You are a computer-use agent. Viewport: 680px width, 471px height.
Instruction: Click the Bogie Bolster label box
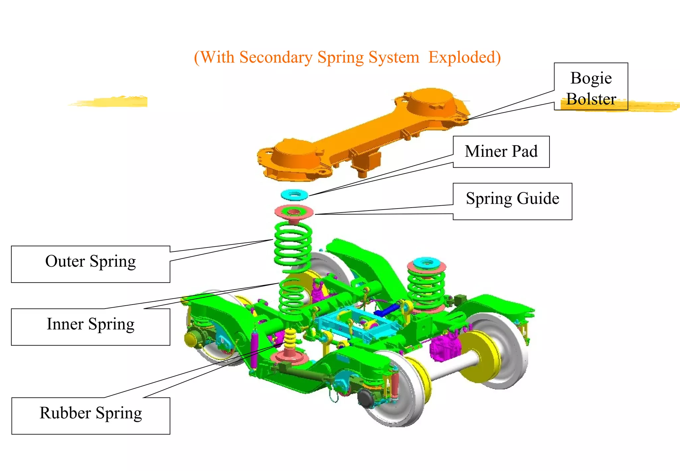(591, 86)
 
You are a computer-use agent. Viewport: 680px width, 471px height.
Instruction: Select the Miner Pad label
(501, 151)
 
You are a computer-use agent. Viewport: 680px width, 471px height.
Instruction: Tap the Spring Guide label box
(512, 201)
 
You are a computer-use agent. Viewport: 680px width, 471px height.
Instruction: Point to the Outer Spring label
(90, 264)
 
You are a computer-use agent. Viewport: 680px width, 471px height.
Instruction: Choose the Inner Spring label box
(90, 327)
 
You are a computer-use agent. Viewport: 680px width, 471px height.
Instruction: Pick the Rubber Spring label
(90, 416)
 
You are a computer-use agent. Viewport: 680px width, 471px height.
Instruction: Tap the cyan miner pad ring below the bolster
(294, 195)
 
